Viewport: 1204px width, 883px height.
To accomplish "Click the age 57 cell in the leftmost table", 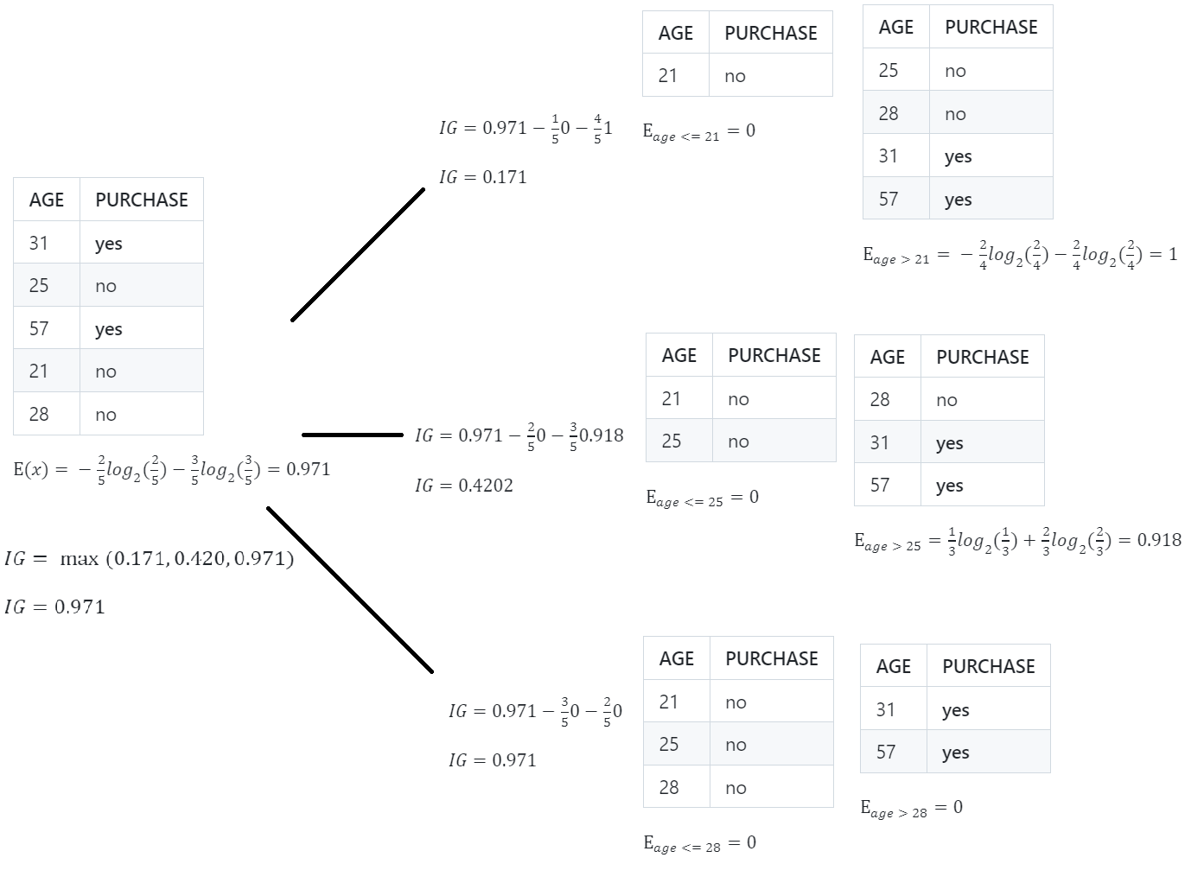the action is click(39, 328).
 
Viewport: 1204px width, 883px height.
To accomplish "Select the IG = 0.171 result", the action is click(482, 177).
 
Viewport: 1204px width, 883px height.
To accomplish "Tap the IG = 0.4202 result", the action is click(464, 486).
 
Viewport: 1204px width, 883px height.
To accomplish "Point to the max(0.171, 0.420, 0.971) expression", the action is click(177, 559).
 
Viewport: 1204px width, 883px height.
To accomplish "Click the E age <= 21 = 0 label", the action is click(698, 131).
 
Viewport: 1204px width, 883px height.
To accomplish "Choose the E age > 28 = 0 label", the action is click(911, 808).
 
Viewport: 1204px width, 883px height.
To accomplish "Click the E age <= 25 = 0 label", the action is click(702, 498).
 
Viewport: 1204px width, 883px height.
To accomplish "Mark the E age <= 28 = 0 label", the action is click(699, 843).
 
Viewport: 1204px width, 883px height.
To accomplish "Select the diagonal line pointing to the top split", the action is click(358, 255).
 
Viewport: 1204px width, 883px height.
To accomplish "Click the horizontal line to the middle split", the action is click(353, 435).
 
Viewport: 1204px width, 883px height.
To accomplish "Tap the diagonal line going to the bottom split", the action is click(350, 590).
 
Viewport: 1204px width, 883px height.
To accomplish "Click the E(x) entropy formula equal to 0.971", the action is click(172, 469).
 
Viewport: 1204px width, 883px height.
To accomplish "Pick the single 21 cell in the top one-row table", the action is click(667, 76).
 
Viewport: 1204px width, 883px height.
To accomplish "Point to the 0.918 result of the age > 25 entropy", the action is click(1159, 540).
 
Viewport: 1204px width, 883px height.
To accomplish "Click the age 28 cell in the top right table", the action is click(889, 113).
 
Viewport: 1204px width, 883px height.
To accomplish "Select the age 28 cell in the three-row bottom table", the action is click(669, 787).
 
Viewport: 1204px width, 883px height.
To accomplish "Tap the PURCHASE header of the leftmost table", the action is click(142, 200).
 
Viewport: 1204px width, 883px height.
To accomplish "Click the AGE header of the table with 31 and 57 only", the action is click(894, 666).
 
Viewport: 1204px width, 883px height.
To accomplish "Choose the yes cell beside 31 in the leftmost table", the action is click(109, 244).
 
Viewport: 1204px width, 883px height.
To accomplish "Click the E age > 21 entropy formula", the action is click(1020, 255).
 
